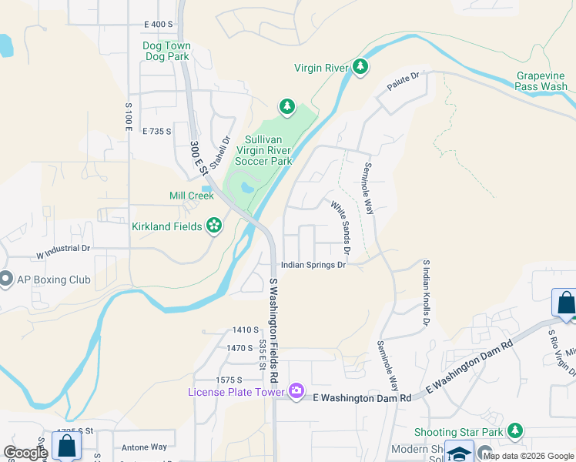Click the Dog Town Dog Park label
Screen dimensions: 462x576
(166, 51)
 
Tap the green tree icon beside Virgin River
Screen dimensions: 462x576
(360, 68)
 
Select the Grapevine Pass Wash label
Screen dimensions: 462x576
(542, 82)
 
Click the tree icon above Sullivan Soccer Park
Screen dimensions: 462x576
(286, 105)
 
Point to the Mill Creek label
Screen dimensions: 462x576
(191, 196)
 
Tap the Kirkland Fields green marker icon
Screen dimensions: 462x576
(214, 226)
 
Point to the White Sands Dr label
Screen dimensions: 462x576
(341, 228)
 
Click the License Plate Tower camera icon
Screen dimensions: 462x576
(296, 392)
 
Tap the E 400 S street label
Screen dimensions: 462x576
(158, 25)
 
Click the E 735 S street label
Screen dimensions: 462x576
(156, 132)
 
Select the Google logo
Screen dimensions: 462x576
(25, 453)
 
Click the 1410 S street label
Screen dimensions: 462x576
(246, 330)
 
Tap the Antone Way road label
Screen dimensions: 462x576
(144, 447)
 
